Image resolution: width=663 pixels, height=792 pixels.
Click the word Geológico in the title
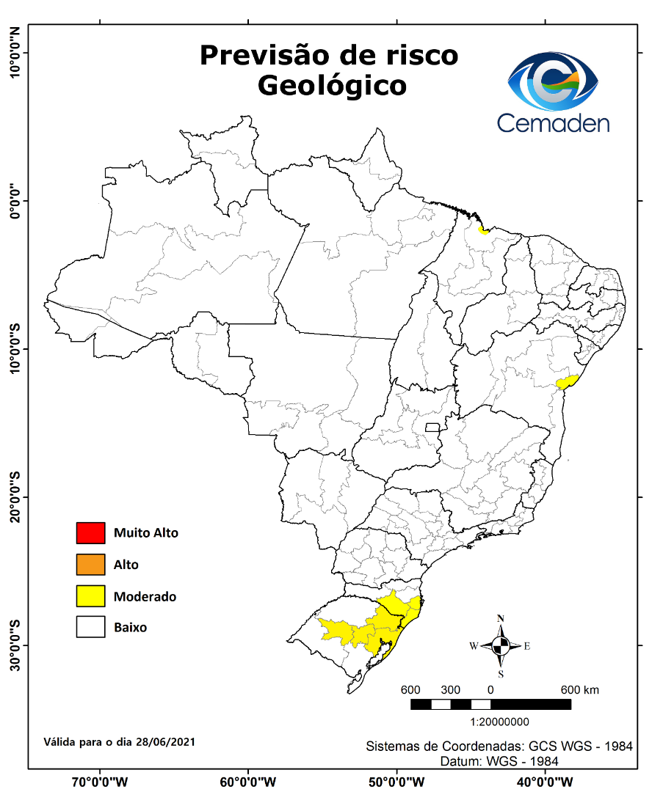click(x=332, y=86)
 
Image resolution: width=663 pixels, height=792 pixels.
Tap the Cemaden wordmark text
click(x=553, y=122)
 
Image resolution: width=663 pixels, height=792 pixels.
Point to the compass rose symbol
click(x=501, y=646)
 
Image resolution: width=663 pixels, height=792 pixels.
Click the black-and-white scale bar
click(x=490, y=705)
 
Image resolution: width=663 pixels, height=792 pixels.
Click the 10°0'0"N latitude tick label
click(x=14, y=52)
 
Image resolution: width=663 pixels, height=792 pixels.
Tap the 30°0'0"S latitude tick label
click(x=14, y=645)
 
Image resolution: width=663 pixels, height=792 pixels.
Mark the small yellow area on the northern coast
click(x=483, y=230)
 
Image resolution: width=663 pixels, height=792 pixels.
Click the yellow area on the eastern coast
click(x=568, y=381)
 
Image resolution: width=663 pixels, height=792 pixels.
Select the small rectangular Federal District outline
click(x=432, y=427)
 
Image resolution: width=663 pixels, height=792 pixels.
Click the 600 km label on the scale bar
click(x=580, y=690)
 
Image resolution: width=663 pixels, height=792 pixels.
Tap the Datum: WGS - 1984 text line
click(x=499, y=761)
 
